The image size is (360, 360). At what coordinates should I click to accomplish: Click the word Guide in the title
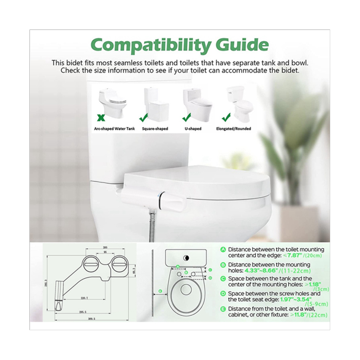tap(239, 45)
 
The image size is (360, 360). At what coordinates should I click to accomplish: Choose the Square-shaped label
tap(155, 126)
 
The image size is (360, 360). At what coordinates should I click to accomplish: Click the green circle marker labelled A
tap(223, 249)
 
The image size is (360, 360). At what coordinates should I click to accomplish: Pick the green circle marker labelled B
tap(223, 265)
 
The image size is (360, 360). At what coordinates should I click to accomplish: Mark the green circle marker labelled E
tap(223, 308)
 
